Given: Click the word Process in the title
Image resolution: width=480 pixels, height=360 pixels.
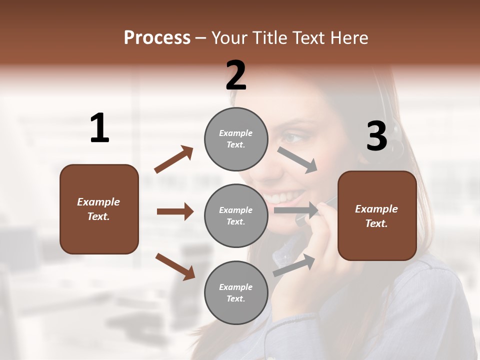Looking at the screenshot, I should pos(157,38).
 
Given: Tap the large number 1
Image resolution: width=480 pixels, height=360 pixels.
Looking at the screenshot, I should pos(99,128).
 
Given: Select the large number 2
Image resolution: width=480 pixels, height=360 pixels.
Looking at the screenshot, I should pos(236,75).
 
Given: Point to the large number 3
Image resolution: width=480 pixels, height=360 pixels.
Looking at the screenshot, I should pos(376,136).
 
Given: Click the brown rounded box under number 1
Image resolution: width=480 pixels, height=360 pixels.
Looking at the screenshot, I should pos(99,209).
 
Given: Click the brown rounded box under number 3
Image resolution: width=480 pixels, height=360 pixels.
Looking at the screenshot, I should pos(377,216).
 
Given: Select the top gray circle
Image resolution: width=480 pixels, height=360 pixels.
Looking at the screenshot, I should pos(236,139).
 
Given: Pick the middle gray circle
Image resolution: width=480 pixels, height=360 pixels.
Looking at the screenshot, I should pos(236,215).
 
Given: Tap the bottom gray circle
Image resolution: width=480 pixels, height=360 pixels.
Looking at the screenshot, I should pos(236,292).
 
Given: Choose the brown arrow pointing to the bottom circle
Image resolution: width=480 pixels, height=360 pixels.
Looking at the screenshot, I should pos(175,266).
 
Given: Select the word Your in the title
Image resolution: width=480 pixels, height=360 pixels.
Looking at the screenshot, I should pos(229,38).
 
